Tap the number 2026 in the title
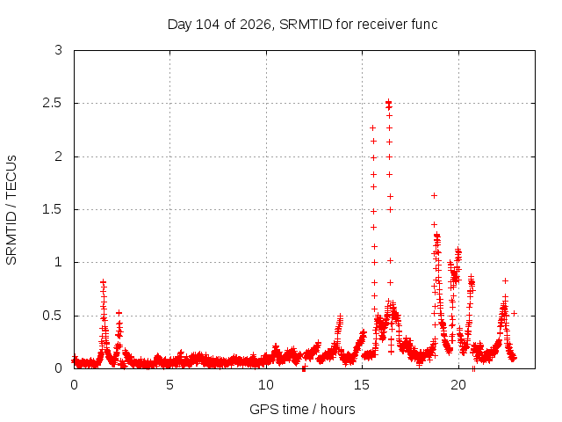pyautogui.click(x=256, y=25)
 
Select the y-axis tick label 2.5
pyautogui.click(x=53, y=103)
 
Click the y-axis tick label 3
pyautogui.click(x=59, y=50)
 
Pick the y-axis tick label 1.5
pyautogui.click(x=53, y=209)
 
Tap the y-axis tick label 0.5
pyautogui.click(x=53, y=316)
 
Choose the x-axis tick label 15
pyautogui.click(x=362, y=385)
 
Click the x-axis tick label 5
pyautogui.click(x=169, y=385)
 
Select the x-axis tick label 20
pyautogui.click(x=458, y=385)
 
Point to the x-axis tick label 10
pyautogui.click(x=266, y=385)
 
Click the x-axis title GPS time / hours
pyautogui.click(x=302, y=409)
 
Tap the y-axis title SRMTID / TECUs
pyautogui.click(x=11, y=210)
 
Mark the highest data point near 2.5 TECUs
pyautogui.click(x=388, y=103)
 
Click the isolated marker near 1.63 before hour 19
pyautogui.click(x=434, y=195)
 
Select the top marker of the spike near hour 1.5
pyautogui.click(x=104, y=281)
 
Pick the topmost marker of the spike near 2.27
pyautogui.click(x=372, y=127)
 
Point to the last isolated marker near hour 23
pyautogui.click(x=514, y=313)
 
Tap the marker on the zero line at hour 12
pyautogui.click(x=304, y=367)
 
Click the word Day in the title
pyautogui.click(x=180, y=25)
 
